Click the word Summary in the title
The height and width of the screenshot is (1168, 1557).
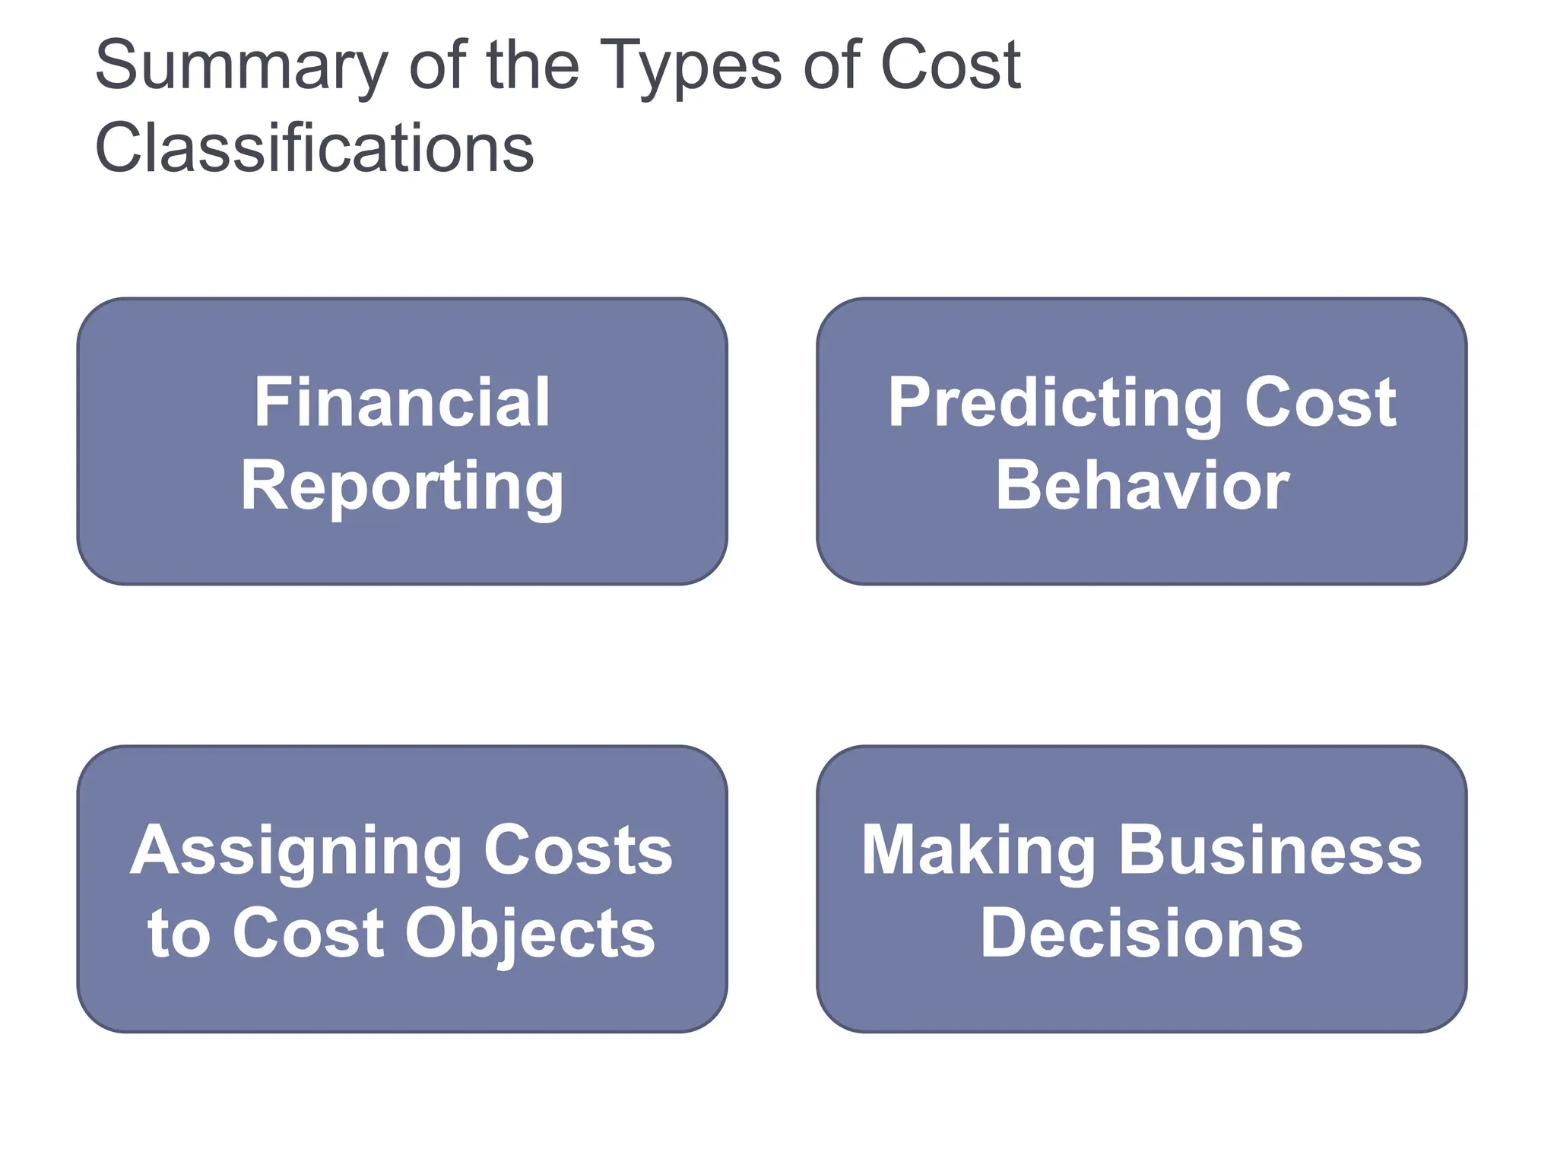(241, 67)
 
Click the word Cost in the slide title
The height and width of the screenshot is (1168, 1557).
(950, 65)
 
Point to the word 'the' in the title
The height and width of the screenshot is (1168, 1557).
(531, 65)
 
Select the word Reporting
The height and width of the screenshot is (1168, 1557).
(402, 487)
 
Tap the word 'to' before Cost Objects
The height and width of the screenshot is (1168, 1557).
(179, 934)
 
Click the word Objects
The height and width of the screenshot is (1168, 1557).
(530, 934)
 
